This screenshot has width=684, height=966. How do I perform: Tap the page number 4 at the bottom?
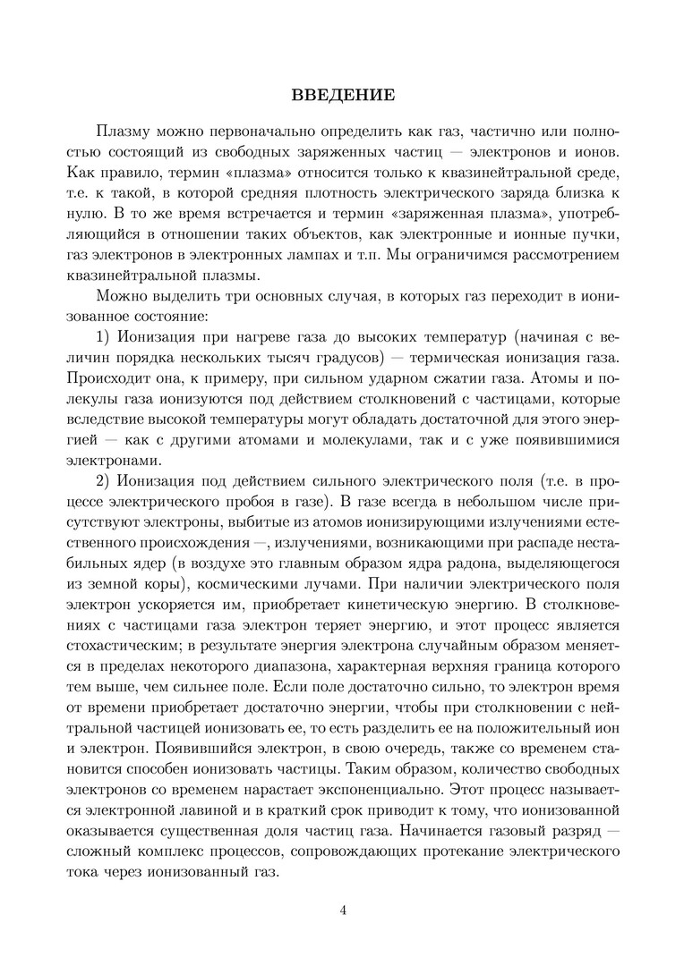[x=343, y=911]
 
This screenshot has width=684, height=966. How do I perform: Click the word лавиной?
[x=227, y=812]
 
